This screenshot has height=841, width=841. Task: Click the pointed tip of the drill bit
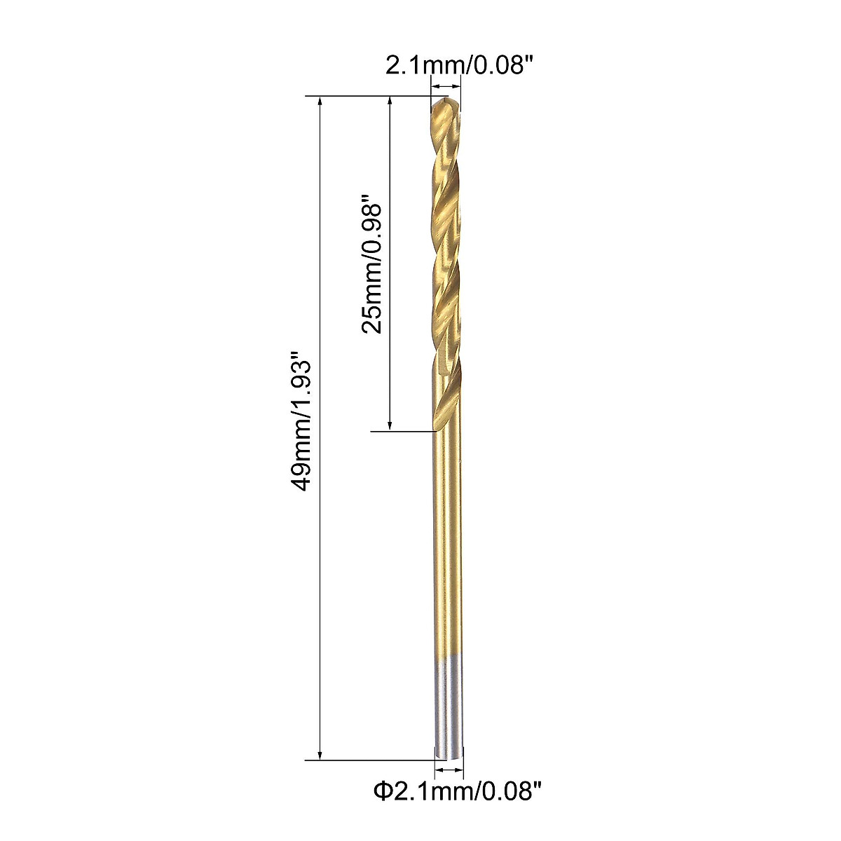444,102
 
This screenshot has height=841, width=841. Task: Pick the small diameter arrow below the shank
449,770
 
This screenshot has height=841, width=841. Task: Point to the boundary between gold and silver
449,657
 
